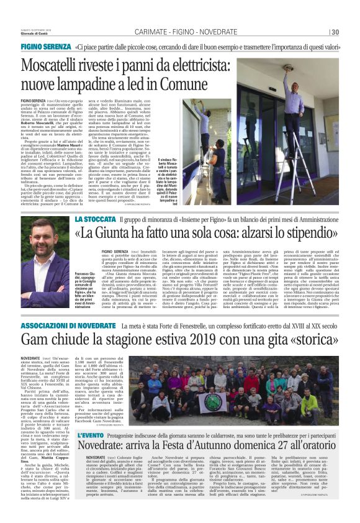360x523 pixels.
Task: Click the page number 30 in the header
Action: [x=334, y=33]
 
